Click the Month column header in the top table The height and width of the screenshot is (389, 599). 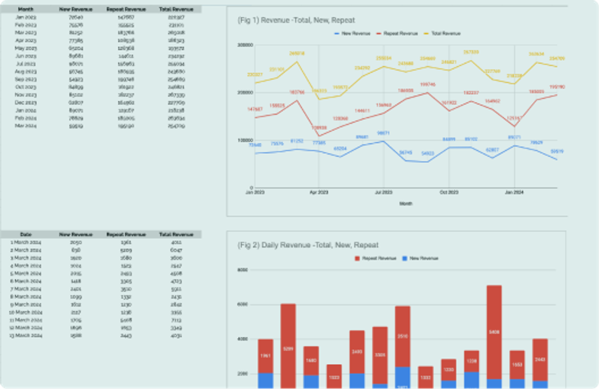[x=26, y=9]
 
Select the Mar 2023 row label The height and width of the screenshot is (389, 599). [x=26, y=33]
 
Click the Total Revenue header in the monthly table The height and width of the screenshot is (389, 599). [x=176, y=9]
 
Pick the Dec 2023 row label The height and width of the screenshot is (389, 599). [x=26, y=103]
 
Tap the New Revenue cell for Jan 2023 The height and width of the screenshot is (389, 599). [x=76, y=17]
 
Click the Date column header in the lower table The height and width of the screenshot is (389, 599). [x=26, y=234]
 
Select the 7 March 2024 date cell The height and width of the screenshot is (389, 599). [x=26, y=289]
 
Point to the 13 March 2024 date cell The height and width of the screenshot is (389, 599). [x=26, y=335]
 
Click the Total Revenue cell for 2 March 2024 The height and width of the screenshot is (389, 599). [x=176, y=250]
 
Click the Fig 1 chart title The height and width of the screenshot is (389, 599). [x=296, y=20]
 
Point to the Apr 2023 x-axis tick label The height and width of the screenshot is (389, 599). [x=319, y=193]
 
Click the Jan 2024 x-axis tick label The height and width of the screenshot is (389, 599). [x=514, y=193]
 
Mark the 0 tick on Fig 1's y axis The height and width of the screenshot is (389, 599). [x=251, y=188]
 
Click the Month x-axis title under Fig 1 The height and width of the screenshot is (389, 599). [x=406, y=204]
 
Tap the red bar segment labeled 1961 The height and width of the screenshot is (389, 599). [x=266, y=356]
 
